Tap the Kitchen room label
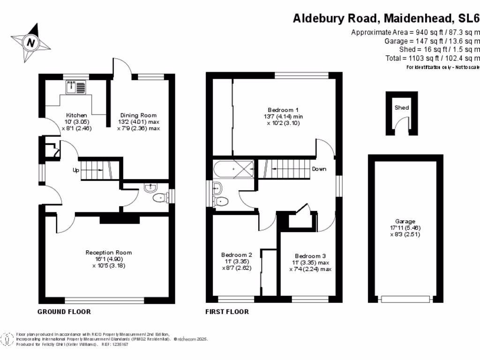pos(76,115)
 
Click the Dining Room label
pos(138,115)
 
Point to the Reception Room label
pos(109,253)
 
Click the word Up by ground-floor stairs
pos(75,170)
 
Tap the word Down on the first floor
pos(319,169)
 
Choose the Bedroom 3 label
pos(310,256)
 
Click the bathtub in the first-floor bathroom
pos(233,167)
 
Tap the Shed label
pos(402,107)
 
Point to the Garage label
pos(405,222)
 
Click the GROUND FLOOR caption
pos(64,312)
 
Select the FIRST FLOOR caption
pos(227,312)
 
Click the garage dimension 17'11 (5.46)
pos(405,228)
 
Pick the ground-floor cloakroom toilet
pos(160,198)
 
